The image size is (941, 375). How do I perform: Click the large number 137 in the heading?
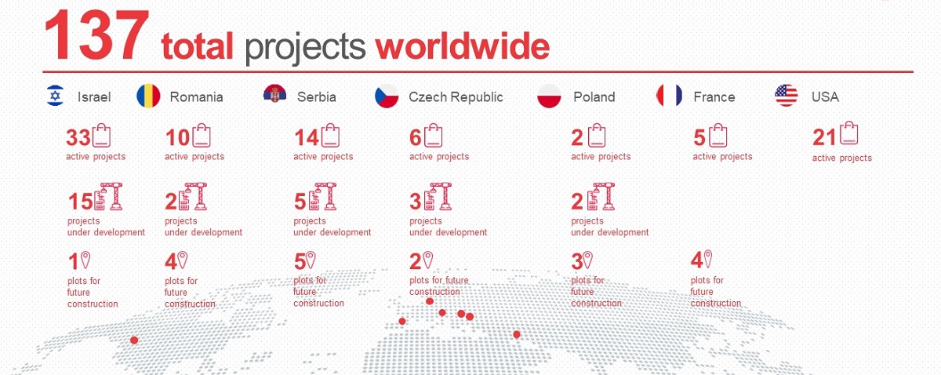pyautogui.click(x=96, y=35)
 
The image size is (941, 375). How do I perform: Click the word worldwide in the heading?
pyautogui.click(x=462, y=46)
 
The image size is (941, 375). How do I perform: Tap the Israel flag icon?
pyautogui.click(x=56, y=96)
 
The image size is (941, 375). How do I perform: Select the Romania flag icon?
pyautogui.click(x=148, y=96)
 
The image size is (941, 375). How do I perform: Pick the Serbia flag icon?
pyautogui.click(x=274, y=95)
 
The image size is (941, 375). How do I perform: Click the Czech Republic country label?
pyautogui.click(x=456, y=97)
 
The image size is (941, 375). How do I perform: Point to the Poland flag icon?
pyautogui.click(x=549, y=96)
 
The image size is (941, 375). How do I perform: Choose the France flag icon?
pyautogui.click(x=669, y=95)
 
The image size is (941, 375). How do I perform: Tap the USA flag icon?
pyautogui.click(x=786, y=95)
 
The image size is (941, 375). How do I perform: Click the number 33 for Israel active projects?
pyautogui.click(x=78, y=137)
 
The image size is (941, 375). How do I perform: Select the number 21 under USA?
pyautogui.click(x=825, y=137)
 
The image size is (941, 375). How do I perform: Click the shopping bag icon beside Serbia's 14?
pyautogui.click(x=331, y=136)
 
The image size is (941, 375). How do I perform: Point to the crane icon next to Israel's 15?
pyautogui.click(x=108, y=196)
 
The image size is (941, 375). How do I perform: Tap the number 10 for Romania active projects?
pyautogui.click(x=178, y=137)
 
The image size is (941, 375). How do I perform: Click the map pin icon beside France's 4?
pyautogui.click(x=708, y=259)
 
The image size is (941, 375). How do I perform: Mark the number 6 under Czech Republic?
pyautogui.click(x=415, y=137)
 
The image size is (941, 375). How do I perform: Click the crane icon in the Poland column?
pyautogui.click(x=601, y=196)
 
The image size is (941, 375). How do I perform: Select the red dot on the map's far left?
pyautogui.click(x=134, y=340)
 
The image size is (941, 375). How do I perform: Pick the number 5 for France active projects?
pyautogui.click(x=699, y=137)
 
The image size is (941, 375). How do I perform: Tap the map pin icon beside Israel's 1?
pyautogui.click(x=85, y=260)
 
